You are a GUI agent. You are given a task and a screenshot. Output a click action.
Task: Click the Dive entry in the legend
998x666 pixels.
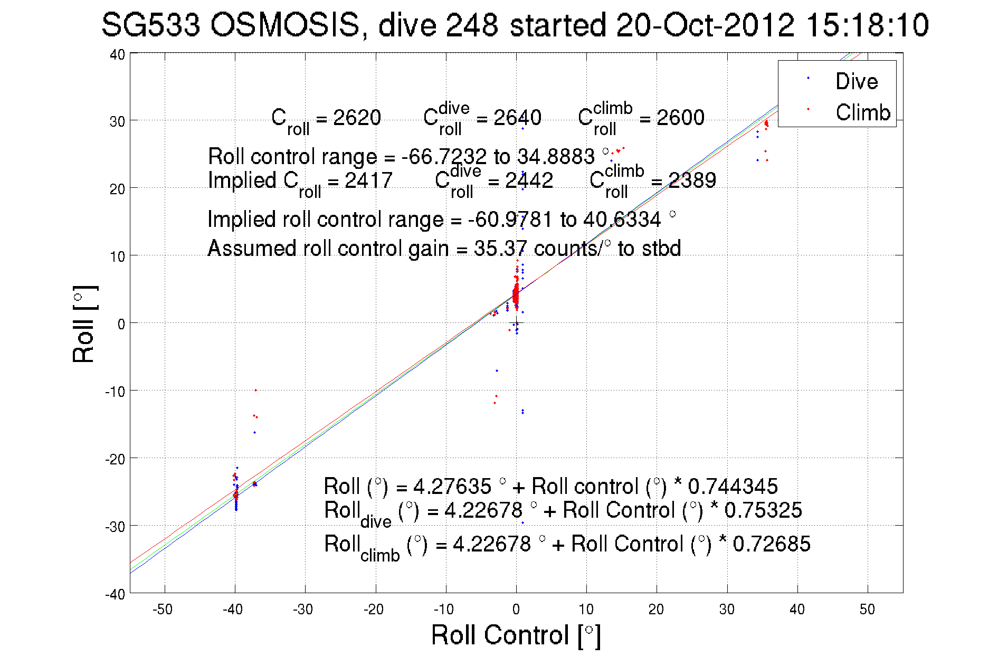click(856, 81)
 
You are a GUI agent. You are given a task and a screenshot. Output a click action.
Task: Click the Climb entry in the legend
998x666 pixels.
click(862, 112)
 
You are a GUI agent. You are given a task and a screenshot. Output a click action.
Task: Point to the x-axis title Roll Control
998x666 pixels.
click(516, 635)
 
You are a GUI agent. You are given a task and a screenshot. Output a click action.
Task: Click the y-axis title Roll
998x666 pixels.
click(84, 324)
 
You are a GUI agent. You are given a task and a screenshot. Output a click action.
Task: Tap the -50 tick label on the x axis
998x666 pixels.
click(163, 610)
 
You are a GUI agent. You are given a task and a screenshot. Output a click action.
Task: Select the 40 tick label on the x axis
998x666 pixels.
click(797, 610)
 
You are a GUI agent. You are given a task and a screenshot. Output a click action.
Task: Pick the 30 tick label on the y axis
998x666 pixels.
click(117, 121)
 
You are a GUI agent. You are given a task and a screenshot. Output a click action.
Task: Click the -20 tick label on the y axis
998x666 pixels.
click(115, 459)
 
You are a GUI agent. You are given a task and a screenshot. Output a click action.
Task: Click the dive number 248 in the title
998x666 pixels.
click(472, 25)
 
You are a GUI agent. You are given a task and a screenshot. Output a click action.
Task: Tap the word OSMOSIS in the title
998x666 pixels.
click(285, 25)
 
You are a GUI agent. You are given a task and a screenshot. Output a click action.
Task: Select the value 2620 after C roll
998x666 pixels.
click(357, 117)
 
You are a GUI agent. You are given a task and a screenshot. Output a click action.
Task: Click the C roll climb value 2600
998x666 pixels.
click(680, 117)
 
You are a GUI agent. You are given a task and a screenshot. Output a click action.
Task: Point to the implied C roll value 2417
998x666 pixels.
click(368, 180)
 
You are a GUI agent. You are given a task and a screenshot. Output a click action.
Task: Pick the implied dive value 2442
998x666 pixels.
click(529, 180)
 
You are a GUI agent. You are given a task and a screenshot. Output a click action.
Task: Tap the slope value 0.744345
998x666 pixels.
click(733, 486)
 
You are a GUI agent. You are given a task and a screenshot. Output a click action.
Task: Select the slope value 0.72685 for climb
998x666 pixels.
click(771, 544)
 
